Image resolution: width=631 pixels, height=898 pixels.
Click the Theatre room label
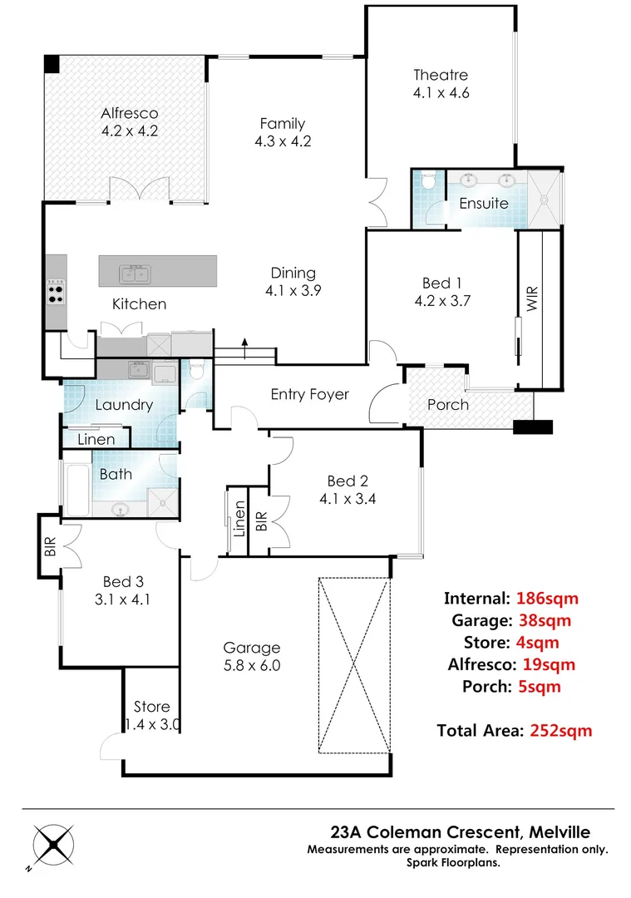pos(441,75)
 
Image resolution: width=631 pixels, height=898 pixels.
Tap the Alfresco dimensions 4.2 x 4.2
pos(130,131)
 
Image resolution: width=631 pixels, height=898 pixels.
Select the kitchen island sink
pos(135,272)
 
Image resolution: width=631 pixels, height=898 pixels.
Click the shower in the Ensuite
pos(545,199)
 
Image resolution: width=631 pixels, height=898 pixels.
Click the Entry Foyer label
pos(309,394)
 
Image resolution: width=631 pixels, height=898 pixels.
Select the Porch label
pos(447,405)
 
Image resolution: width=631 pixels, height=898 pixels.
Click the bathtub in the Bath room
pos(76,489)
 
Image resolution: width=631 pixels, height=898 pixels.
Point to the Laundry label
pos(123,405)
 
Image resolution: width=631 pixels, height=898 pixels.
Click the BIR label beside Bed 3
pos(50,546)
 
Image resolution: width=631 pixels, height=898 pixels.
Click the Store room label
pos(151,707)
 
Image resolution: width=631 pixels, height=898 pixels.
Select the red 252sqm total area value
pos(561,731)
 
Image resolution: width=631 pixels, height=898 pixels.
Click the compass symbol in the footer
pos(52,846)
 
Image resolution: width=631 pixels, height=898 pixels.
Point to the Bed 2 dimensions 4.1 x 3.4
pos(347,500)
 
